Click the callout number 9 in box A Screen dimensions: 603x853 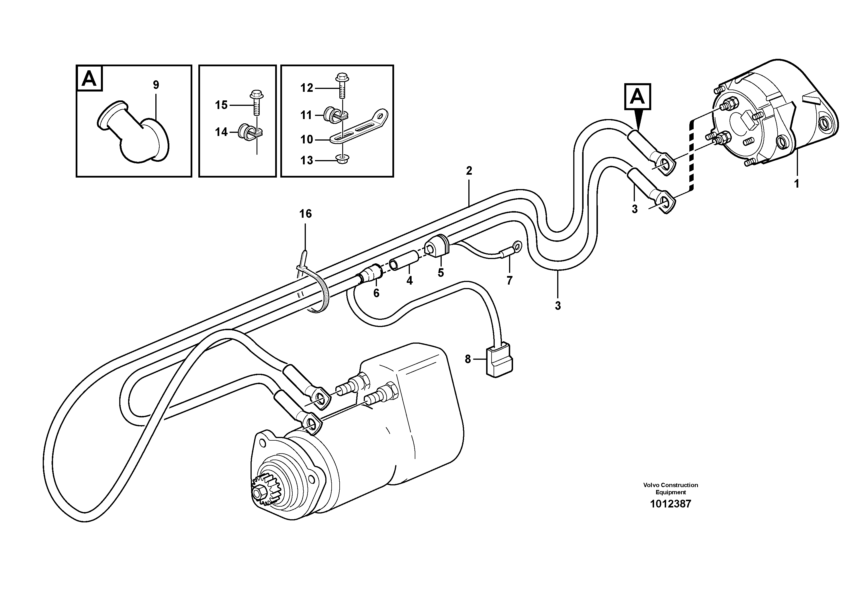[156, 85]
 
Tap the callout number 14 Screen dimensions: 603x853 [222, 132]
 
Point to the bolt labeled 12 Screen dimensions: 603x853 [341, 85]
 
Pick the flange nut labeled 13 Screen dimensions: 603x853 [341, 160]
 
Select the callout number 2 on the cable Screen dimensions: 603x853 [469, 171]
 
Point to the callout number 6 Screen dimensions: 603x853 [376, 293]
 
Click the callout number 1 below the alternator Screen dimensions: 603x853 [796, 184]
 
